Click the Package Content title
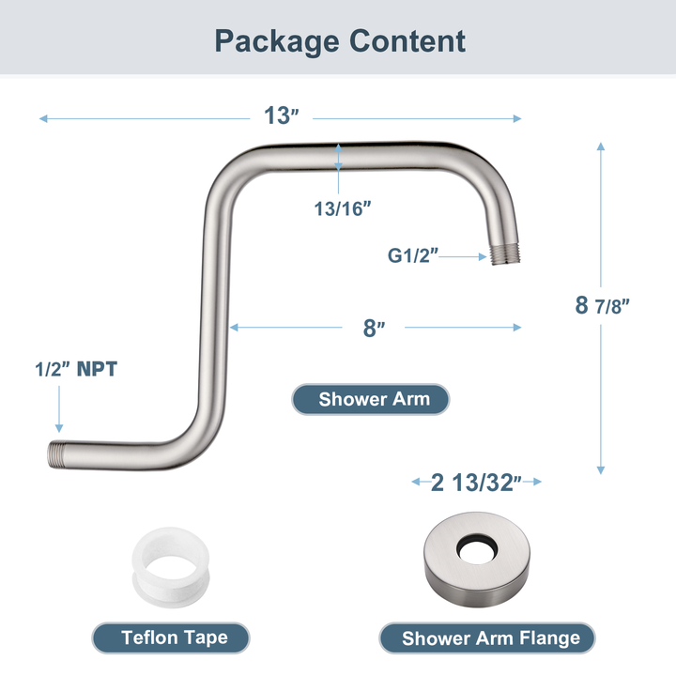point(339,41)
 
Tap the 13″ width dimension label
point(281,116)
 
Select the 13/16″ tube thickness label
point(343,209)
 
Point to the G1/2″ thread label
point(413,254)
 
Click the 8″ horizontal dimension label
point(375,328)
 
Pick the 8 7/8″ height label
point(602,304)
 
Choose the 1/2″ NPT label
point(76,369)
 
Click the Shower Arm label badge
point(374,399)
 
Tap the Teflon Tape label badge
point(174,638)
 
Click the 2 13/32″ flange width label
point(478,483)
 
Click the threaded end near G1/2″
point(504,254)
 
